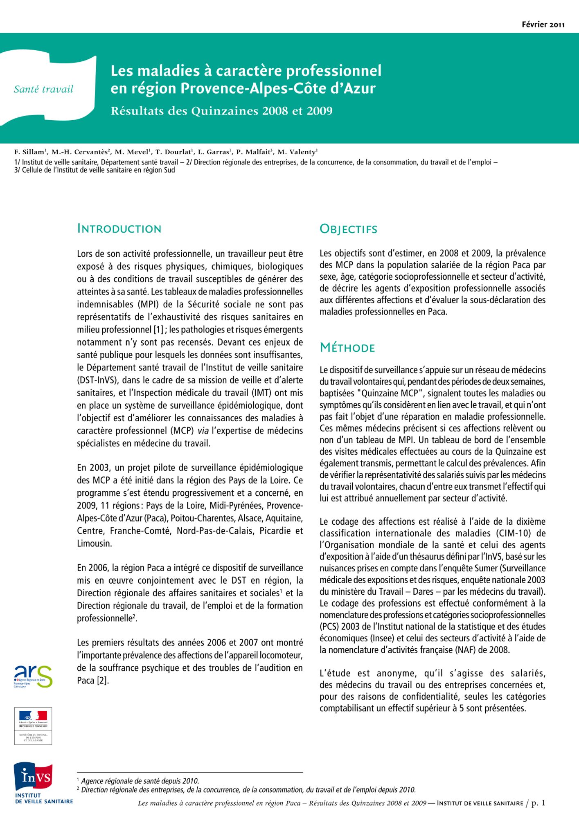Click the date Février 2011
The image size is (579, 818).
[x=543, y=25]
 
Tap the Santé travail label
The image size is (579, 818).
[x=43, y=89]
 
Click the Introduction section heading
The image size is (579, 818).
[x=119, y=229]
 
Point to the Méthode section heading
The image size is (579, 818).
[x=347, y=348]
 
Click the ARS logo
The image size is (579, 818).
[x=33, y=676]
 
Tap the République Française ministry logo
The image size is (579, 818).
[x=33, y=726]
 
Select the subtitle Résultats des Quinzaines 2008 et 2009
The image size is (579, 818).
[x=221, y=111]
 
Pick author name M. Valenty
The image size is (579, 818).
[x=297, y=152]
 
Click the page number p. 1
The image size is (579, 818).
[x=538, y=803]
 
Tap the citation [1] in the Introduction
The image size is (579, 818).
[x=158, y=330]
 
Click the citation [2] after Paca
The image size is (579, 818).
[x=103, y=681]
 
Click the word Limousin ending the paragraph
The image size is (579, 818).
[x=94, y=544]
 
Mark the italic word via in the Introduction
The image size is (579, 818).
[x=203, y=431]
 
